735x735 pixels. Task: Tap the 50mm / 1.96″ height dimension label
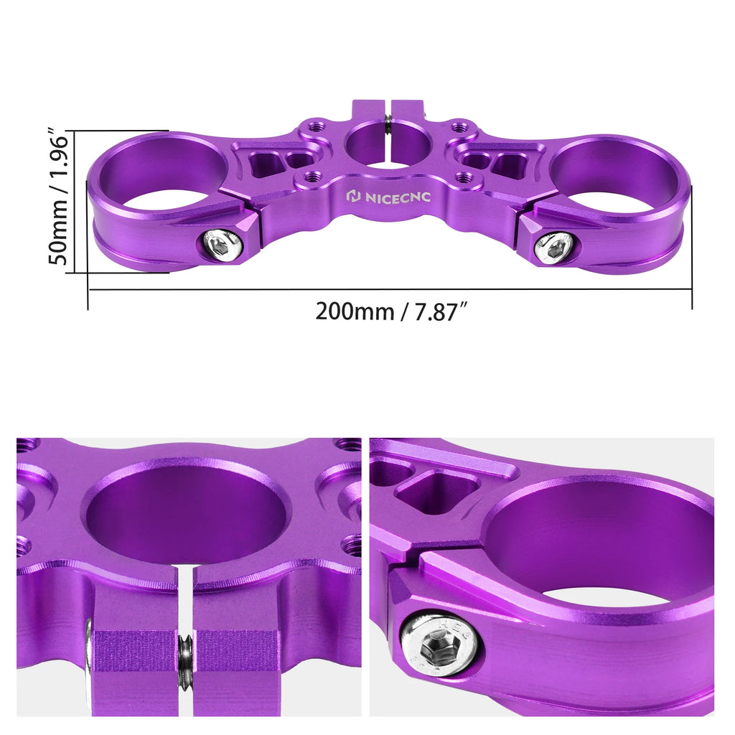(x=61, y=197)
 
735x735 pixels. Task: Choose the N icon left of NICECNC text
(x=353, y=196)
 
